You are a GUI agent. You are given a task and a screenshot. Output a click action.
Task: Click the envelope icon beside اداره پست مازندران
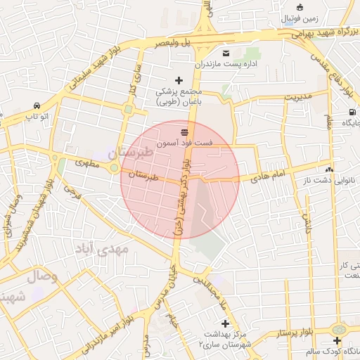pyautogui.click(x=226, y=54)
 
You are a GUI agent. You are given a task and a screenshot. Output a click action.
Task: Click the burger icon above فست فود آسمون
pyautogui.click(x=185, y=131)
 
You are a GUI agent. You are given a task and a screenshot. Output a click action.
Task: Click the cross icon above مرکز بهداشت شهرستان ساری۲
pyautogui.click(x=224, y=323)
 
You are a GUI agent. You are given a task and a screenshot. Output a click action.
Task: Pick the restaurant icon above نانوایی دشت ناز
pyautogui.click(x=328, y=169)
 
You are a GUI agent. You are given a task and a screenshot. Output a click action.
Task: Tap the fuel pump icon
pyautogui.click(x=351, y=112)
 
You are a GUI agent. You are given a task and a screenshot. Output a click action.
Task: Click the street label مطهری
pyautogui.click(x=87, y=163)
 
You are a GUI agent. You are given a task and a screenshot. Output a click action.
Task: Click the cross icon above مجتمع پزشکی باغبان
pyautogui.click(x=179, y=80)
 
